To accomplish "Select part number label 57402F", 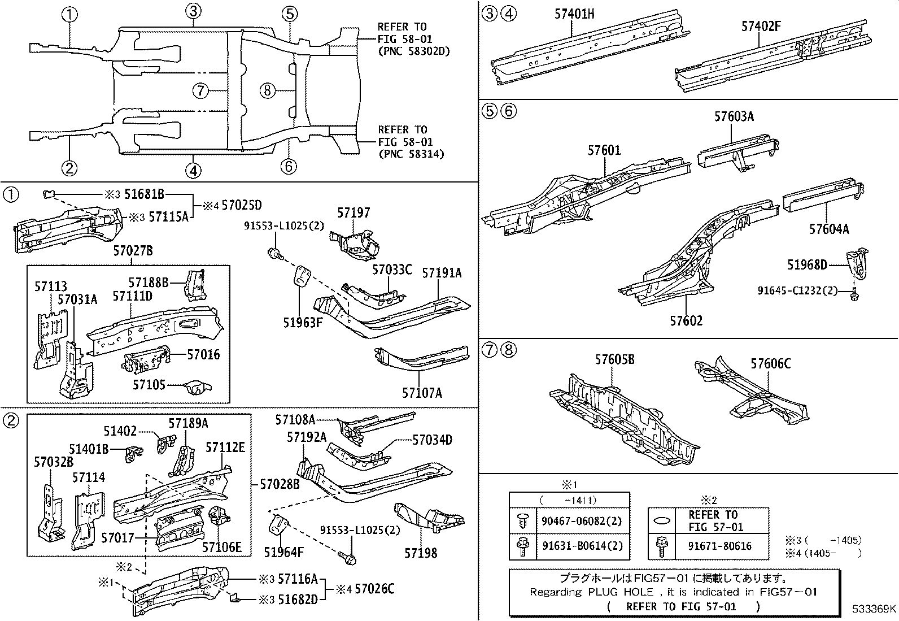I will tap(761, 26).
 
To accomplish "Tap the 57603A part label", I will tap(734, 117).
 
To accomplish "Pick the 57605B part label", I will tap(614, 360).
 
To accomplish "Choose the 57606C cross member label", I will tap(770, 364).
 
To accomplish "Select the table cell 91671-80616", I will tap(720, 546).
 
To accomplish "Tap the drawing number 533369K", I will tap(874, 609).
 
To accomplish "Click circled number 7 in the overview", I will tap(200, 90).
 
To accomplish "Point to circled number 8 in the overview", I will tap(268, 90).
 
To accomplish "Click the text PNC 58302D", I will tap(417, 51).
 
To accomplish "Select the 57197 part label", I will tap(354, 213).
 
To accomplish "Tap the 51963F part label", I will tap(303, 323).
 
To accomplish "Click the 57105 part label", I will tap(149, 385).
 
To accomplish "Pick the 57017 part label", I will tap(117, 537).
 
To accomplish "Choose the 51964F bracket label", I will tap(284, 551).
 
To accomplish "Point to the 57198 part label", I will tap(420, 553).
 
